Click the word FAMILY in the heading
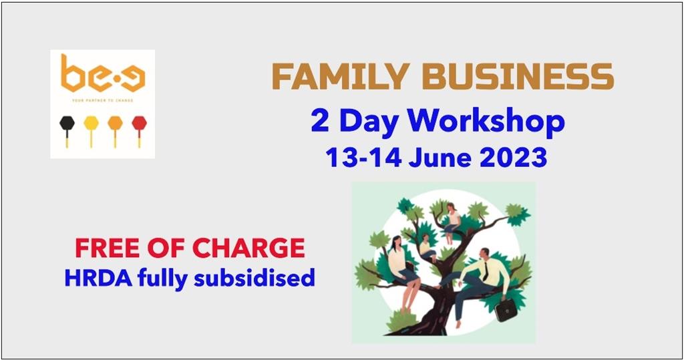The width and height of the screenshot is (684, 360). click(x=341, y=76)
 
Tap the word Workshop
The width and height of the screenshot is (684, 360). click(x=486, y=122)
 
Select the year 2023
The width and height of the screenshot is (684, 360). click(x=513, y=157)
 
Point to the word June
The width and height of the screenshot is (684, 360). click(x=440, y=157)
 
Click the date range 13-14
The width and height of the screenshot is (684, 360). click(x=363, y=157)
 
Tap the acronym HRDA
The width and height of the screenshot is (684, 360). click(x=98, y=278)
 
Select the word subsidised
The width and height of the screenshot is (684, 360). click(x=254, y=278)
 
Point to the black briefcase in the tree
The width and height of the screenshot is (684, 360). click(x=506, y=311)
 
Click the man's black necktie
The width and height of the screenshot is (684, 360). click(x=485, y=271)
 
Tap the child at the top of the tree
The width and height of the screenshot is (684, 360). click(x=452, y=222)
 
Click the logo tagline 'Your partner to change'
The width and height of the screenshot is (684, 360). click(x=102, y=100)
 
